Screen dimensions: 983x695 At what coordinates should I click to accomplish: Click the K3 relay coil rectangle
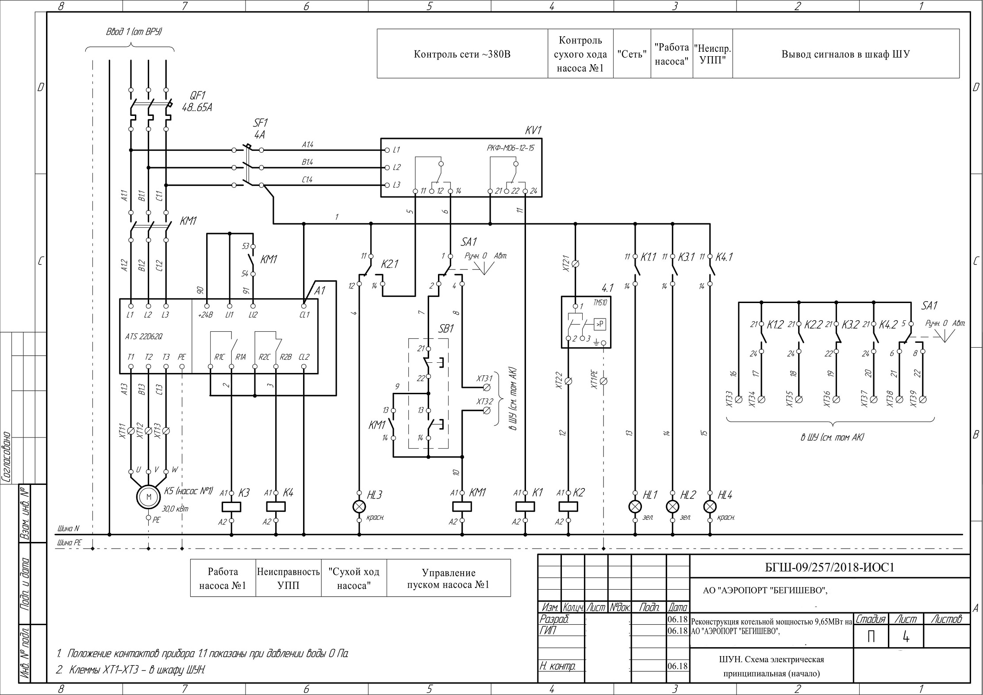pos(231,507)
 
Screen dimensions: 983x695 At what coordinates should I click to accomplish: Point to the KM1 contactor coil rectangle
pos(462,507)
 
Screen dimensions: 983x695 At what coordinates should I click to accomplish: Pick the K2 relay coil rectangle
pos(569,507)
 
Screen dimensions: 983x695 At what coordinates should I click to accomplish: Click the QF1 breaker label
pos(198,96)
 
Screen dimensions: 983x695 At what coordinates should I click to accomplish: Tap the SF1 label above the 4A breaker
pos(260,123)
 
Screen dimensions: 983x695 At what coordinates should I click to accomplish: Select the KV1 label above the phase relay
pos(533,131)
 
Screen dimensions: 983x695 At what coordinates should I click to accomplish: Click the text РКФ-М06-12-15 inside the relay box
pos(510,148)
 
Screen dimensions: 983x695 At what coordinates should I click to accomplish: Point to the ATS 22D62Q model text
pos(144,336)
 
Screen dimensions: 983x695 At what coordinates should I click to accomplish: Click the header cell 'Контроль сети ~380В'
pos(462,54)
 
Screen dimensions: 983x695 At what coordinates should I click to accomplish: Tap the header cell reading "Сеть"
pos(632,54)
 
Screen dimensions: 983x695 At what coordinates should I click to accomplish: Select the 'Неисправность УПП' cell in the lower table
pos(288,579)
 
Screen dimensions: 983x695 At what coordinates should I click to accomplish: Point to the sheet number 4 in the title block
pos(906,637)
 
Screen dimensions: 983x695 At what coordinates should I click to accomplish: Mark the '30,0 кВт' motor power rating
pos(176,509)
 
